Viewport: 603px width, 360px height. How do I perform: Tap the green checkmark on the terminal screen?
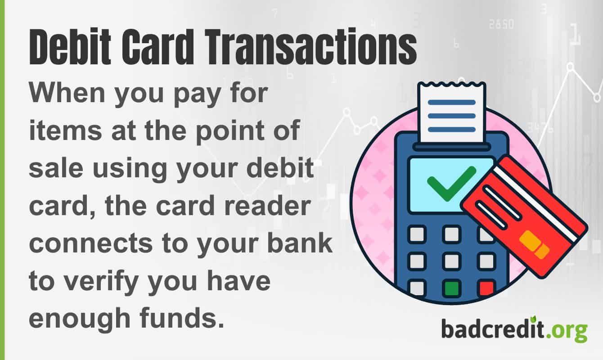pos(451,182)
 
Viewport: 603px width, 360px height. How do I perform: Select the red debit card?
pos(524,216)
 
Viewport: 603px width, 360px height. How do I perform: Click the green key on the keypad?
pos(451,288)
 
